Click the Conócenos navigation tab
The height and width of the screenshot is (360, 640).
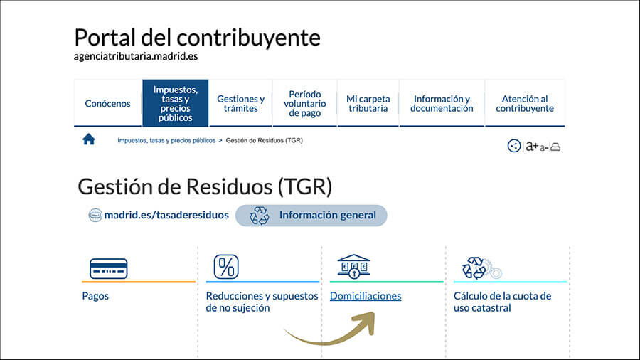coord(108,103)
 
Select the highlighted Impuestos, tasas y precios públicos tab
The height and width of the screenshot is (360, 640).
coord(176,103)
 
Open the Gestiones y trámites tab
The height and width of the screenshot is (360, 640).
coord(241,103)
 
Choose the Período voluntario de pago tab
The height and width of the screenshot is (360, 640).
coord(305,103)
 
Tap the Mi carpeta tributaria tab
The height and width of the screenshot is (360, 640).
coord(368,103)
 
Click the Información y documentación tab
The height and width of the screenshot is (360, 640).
coord(442,103)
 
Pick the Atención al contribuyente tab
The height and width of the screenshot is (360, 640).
coord(525,103)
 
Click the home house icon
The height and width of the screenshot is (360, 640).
coord(89,139)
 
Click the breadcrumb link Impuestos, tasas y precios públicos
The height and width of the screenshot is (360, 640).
coord(166,140)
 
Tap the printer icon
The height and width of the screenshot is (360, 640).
coord(555,147)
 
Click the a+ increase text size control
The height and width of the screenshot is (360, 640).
coord(532,146)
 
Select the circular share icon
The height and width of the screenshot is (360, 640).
coord(514,146)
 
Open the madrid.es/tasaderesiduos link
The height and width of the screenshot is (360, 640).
coord(166,215)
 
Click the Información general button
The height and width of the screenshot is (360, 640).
coord(311,215)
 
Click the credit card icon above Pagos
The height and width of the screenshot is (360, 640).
coord(109,268)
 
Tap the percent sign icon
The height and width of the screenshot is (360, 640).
coord(226,267)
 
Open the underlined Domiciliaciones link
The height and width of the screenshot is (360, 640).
coord(366,296)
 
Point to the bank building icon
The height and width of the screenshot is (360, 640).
coord(353,266)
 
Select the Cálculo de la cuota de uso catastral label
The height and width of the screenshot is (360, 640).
coord(503,302)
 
